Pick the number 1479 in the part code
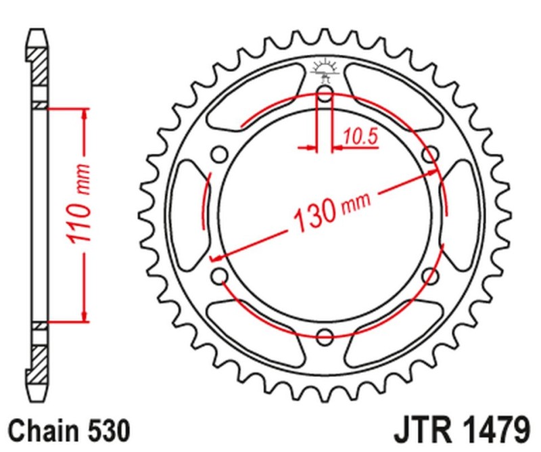click(x=493, y=430)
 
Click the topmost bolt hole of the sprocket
click(x=325, y=93)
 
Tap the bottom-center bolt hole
click(x=325, y=336)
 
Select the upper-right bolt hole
click(x=429, y=155)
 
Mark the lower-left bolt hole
click(x=219, y=275)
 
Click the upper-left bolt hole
click(x=219, y=155)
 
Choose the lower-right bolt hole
click(x=429, y=275)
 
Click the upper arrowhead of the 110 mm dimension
click(x=84, y=114)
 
